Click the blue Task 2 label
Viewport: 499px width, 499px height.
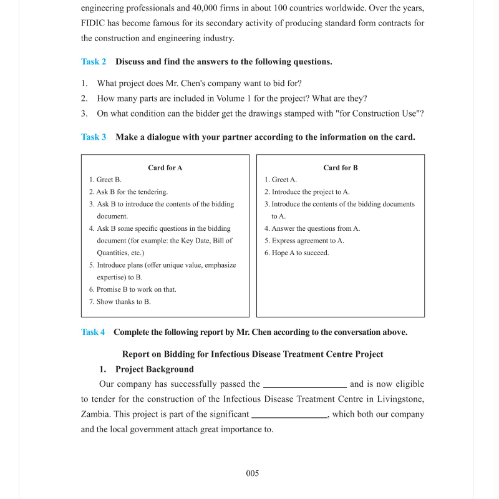94,62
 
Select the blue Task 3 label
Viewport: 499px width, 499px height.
94,137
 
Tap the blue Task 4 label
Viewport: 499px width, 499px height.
93,332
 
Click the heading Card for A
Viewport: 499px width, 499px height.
165,168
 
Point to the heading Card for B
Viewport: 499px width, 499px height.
341,168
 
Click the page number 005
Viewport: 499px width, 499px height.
252,473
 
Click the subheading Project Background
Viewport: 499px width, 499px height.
155,369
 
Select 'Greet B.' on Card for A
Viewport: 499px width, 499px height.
109,180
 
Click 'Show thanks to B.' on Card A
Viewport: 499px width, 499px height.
123,302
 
